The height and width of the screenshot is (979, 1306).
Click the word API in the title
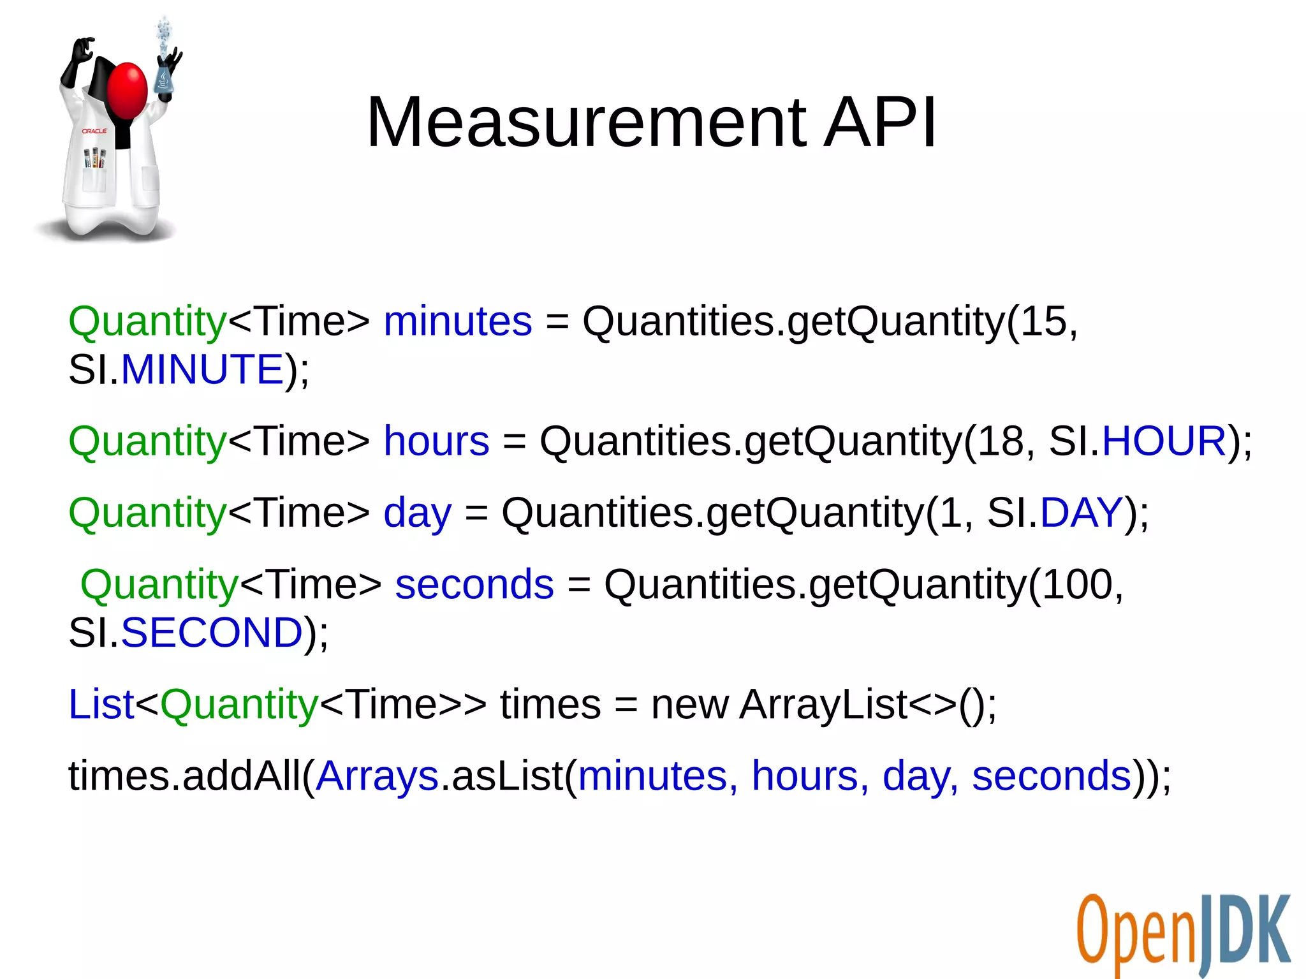[x=880, y=122]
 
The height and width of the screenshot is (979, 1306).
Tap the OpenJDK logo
[x=1184, y=934]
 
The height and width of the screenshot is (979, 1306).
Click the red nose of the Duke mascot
[x=128, y=89]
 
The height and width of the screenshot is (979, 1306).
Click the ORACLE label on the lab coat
[x=94, y=131]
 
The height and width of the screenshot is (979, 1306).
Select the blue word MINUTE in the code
[x=202, y=369]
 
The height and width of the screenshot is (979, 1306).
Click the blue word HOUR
[x=1164, y=441]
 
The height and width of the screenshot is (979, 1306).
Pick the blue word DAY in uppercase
[x=1081, y=512]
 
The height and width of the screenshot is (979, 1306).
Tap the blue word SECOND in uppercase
[x=212, y=633]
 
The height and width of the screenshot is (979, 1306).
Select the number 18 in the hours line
[x=1001, y=441]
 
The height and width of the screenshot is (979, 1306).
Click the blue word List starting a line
[x=101, y=704]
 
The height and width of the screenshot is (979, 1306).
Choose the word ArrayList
[x=823, y=704]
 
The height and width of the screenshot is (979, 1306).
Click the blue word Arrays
[x=378, y=776]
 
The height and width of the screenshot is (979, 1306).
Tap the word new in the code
[x=689, y=704]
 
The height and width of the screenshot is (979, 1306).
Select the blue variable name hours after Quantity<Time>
[x=436, y=441]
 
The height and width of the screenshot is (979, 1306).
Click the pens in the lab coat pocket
[x=96, y=158]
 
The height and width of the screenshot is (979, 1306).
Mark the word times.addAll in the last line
[x=185, y=776]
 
